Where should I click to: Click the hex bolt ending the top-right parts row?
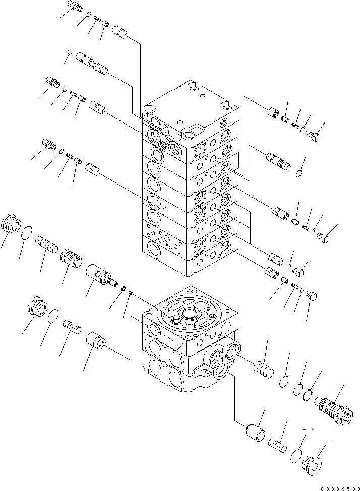point(316,135)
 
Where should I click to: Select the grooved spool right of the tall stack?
point(277,163)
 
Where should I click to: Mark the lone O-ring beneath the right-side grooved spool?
point(298,173)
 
